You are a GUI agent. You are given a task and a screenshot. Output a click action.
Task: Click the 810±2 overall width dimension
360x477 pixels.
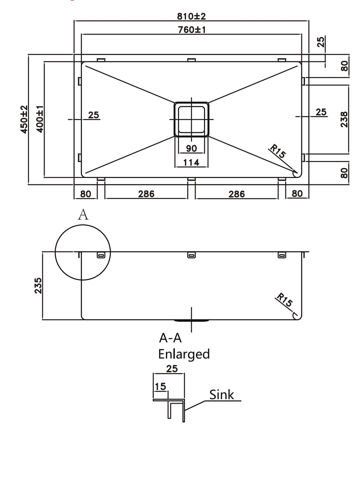192,16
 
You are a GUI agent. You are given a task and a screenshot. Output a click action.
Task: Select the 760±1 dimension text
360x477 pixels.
192,30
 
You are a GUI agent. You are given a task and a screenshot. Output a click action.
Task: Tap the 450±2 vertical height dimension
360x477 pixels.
24,119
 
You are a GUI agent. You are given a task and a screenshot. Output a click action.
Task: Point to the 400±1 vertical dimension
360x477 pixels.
40,119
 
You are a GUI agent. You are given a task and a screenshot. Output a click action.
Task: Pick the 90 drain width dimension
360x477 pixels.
191,148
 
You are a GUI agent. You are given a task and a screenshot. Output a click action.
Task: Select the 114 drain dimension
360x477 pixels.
191,162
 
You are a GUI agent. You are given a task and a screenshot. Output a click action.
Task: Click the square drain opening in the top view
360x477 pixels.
191,119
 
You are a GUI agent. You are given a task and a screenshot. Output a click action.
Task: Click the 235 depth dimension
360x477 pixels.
38,285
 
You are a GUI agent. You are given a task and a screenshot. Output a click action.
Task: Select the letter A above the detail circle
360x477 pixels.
83,215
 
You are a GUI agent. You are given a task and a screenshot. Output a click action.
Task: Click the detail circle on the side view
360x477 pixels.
83,252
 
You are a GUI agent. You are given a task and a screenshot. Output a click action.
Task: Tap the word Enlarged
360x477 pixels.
184,354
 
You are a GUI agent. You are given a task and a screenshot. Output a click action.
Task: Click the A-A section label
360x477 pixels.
170,338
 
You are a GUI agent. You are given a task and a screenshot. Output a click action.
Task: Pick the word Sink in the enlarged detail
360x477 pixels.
222,395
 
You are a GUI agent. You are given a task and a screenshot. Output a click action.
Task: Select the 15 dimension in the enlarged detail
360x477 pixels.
160,386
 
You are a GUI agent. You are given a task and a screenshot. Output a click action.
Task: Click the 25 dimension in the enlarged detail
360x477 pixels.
172,369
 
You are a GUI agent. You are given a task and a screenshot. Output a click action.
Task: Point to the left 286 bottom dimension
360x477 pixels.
146,194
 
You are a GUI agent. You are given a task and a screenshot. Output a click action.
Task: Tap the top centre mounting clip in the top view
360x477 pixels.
191,60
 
